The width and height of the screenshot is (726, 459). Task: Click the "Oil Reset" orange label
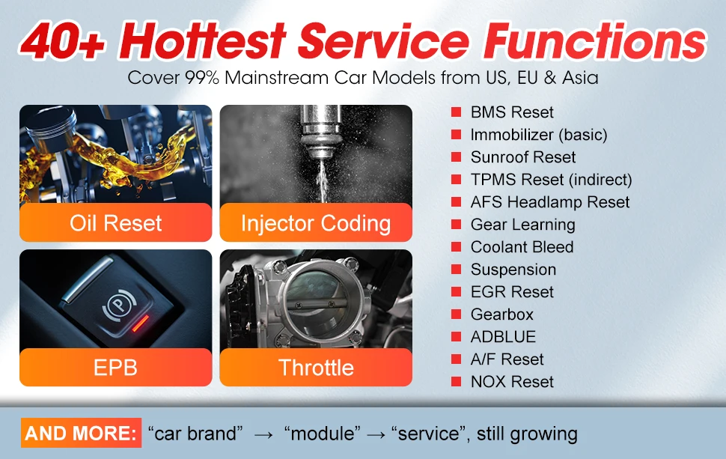pyautogui.click(x=116, y=223)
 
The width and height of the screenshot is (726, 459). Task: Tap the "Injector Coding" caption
pyautogui.click(x=316, y=223)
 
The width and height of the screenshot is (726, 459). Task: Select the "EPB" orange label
pyautogui.click(x=116, y=368)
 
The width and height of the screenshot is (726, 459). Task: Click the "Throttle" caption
pyautogui.click(x=316, y=368)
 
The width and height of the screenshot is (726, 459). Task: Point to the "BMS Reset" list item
pyautogui.click(x=512, y=112)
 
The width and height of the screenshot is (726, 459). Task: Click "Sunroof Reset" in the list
pyautogui.click(x=523, y=157)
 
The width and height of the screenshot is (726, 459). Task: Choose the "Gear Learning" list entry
pyautogui.click(x=523, y=225)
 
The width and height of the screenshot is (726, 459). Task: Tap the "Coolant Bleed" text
pyautogui.click(x=522, y=247)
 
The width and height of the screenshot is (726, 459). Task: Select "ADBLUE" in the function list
pyautogui.click(x=503, y=337)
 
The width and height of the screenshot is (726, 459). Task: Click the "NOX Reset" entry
pyautogui.click(x=512, y=382)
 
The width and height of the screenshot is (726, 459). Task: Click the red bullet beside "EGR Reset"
pyautogui.click(x=456, y=292)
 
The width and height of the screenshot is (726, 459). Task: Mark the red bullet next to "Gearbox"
pyautogui.click(x=456, y=314)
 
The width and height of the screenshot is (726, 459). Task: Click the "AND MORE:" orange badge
pyautogui.click(x=81, y=433)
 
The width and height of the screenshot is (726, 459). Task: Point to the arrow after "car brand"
pyautogui.click(x=264, y=434)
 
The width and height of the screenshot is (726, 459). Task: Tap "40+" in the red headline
pyautogui.click(x=63, y=42)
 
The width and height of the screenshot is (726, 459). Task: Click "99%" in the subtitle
pyautogui.click(x=202, y=77)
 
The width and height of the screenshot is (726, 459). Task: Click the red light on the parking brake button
pyautogui.click(x=141, y=323)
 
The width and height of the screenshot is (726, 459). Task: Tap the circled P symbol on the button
pyautogui.click(x=118, y=305)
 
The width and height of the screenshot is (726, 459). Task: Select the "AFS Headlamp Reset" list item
pyautogui.click(x=550, y=202)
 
